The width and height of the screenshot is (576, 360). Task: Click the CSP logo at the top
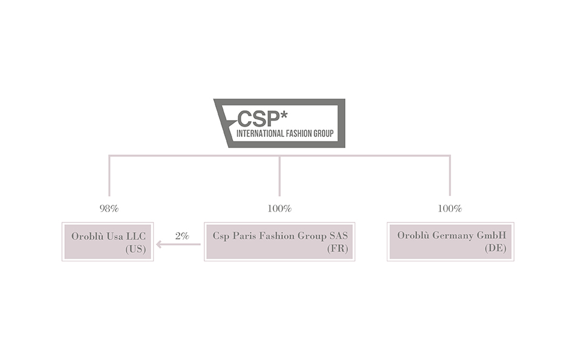click(280, 123)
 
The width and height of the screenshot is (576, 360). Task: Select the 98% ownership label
click(109, 208)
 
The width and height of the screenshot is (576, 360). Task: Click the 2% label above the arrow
click(182, 236)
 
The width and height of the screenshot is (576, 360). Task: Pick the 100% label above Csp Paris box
click(280, 208)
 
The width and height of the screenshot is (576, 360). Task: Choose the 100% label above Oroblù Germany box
click(450, 208)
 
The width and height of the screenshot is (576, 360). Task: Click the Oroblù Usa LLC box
click(107, 242)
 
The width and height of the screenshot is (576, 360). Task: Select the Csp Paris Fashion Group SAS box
click(280, 242)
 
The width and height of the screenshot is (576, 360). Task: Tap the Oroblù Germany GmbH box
click(450, 242)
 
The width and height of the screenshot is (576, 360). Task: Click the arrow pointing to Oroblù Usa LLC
click(178, 244)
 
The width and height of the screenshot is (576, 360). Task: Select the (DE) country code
click(496, 249)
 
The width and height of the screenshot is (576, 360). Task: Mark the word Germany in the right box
click(452, 236)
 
